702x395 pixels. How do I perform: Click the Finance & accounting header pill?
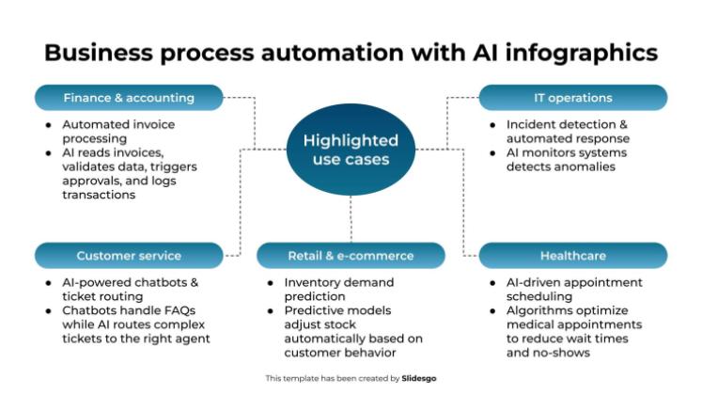(129, 98)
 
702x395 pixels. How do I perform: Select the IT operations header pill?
(572, 98)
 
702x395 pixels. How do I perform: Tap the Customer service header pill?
(129, 255)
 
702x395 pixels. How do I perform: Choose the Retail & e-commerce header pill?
(351, 255)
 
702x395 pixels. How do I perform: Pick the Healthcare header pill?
(572, 255)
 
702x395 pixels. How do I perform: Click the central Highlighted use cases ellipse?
(351, 150)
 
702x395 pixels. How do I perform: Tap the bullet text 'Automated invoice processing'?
(118, 130)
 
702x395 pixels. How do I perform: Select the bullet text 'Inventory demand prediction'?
(339, 288)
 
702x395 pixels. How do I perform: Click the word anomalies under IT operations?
(576, 166)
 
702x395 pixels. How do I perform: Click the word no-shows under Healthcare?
(563, 353)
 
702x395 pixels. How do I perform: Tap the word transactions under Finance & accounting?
(99, 195)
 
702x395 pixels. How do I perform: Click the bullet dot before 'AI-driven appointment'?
(494, 282)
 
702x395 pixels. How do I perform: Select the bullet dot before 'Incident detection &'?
(494, 124)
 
